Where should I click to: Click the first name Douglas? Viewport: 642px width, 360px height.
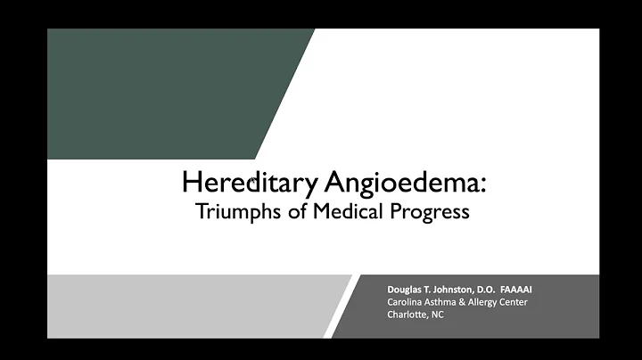point(407,290)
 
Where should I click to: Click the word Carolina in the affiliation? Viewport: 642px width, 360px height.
point(406,301)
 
